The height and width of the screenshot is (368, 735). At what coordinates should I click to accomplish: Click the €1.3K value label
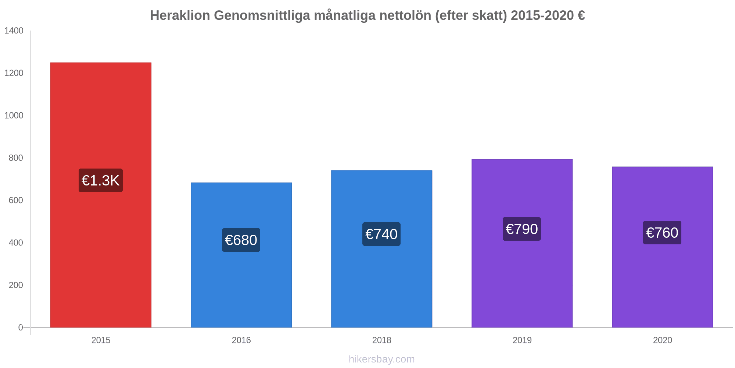click(101, 180)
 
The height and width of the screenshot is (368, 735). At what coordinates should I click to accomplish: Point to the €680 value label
click(241, 240)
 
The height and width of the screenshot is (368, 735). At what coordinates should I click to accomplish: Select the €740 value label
click(381, 234)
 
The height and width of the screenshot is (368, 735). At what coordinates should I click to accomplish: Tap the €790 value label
click(522, 229)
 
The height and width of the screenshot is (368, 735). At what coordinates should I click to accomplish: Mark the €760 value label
click(662, 233)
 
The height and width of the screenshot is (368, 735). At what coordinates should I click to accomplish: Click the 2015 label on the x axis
click(101, 340)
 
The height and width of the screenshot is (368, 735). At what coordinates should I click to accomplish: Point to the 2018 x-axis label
click(381, 340)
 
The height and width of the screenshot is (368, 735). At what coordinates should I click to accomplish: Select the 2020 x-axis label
click(662, 340)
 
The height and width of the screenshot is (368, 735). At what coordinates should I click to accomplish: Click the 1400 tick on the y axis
click(14, 31)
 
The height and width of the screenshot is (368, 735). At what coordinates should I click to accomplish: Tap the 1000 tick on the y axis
click(14, 116)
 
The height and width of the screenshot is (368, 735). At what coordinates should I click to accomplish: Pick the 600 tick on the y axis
click(16, 200)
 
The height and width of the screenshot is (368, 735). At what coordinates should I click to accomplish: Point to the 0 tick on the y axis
click(21, 328)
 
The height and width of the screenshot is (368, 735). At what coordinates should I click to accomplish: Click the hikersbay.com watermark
click(381, 359)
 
